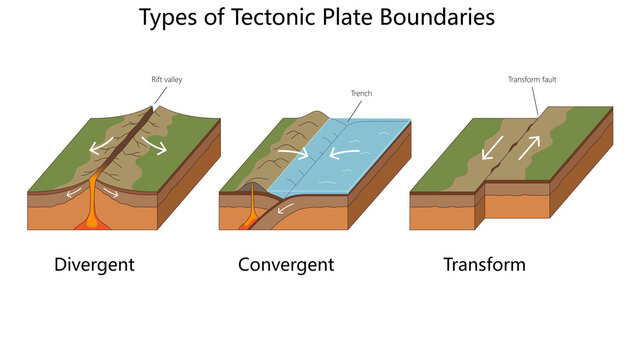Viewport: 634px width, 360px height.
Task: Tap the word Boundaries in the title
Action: pyautogui.click(x=443, y=18)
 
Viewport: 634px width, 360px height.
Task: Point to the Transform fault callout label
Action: pyautogui.click(x=528, y=77)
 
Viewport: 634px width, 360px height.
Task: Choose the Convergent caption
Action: pyautogui.click(x=286, y=265)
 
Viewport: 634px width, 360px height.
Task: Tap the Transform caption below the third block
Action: pyautogui.click(x=485, y=265)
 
